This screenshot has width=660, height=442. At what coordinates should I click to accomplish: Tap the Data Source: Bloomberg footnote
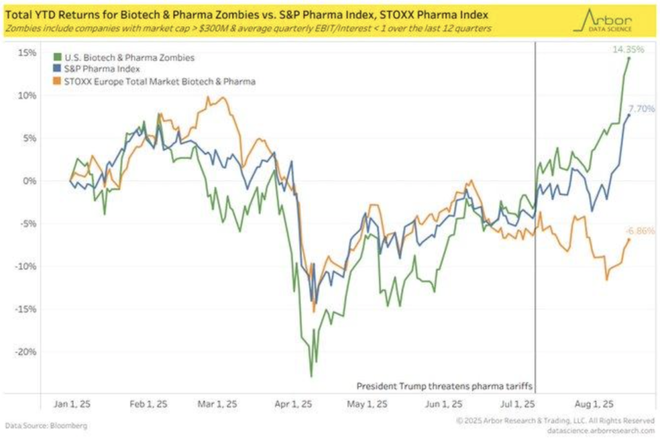click(46, 426)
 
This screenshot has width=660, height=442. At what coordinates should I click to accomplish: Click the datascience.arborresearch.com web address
click(602, 430)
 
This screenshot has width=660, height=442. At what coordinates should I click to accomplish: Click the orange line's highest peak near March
click(222, 97)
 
